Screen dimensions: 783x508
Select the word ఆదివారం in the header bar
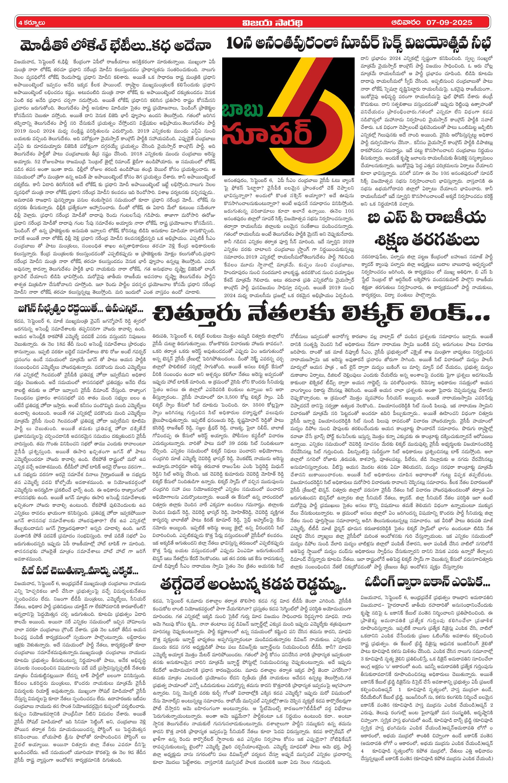coord(406,22)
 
